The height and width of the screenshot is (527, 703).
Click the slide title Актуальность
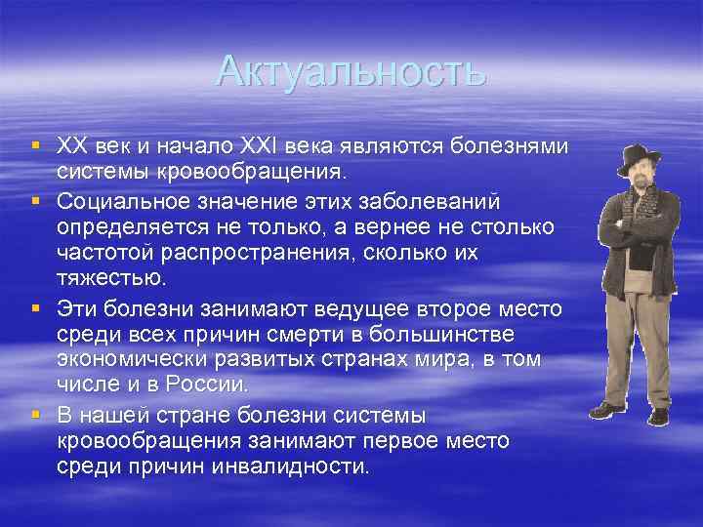click(x=351, y=69)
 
